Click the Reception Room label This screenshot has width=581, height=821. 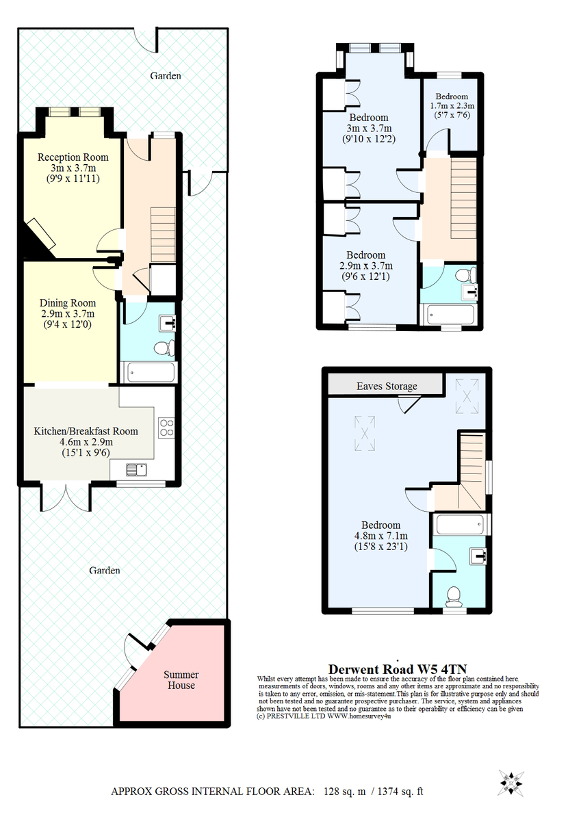pyautogui.click(x=73, y=157)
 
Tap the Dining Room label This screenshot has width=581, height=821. pyautogui.click(x=68, y=303)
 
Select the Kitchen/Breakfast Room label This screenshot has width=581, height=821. pyautogui.click(x=86, y=431)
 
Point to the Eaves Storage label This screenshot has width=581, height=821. pyautogui.click(x=387, y=387)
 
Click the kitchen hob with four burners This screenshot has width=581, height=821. pyautogui.click(x=166, y=428)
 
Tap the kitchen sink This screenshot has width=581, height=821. pyautogui.click(x=137, y=469)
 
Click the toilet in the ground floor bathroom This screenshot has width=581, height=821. pyautogui.click(x=164, y=348)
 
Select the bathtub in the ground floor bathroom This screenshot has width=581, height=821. pyautogui.click(x=149, y=372)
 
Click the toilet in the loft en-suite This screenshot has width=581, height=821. pyautogui.click(x=453, y=597)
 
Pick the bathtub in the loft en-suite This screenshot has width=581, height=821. pyautogui.click(x=461, y=525)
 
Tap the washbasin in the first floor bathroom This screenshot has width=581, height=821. pyautogui.click(x=469, y=292)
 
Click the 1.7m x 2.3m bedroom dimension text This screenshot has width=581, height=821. pyautogui.click(x=452, y=105)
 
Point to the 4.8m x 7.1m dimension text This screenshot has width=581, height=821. pyautogui.click(x=381, y=536)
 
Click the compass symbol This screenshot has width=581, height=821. pyautogui.click(x=511, y=783)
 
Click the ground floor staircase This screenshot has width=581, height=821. pyautogui.click(x=163, y=235)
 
